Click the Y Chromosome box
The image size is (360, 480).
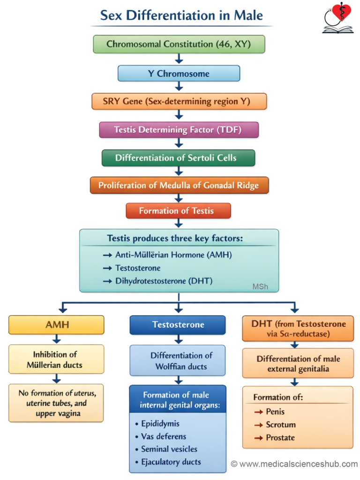click(179, 74)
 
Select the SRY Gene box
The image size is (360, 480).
click(179, 101)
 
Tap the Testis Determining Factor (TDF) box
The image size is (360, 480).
click(179, 130)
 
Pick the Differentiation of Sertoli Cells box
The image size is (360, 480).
click(179, 158)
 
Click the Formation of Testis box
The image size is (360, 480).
click(179, 211)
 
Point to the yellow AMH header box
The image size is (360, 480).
click(57, 325)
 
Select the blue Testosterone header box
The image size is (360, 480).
click(178, 325)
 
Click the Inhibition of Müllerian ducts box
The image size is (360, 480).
click(57, 360)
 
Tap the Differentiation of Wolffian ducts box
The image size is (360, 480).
click(178, 361)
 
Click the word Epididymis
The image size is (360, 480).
click(160, 423)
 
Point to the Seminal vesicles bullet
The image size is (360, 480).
click(169, 449)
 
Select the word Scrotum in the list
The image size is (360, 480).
click(281, 425)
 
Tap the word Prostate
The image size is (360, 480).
click(280, 437)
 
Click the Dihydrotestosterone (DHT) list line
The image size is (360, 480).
click(164, 281)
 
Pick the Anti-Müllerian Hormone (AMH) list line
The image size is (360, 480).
click(173, 255)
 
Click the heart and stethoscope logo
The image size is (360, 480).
click(338, 19)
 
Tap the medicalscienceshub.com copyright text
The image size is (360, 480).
click(294, 464)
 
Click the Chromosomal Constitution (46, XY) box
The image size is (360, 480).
click(179, 45)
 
